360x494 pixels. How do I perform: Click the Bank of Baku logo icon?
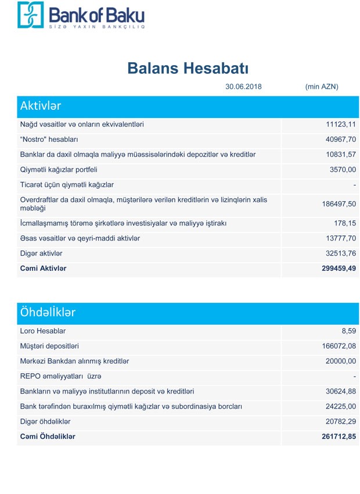click(x=30, y=15)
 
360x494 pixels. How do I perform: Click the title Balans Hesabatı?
click(x=188, y=68)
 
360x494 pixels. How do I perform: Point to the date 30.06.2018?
click(x=243, y=87)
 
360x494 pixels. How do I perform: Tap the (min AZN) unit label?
click(x=321, y=87)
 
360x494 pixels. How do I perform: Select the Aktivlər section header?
click(x=41, y=106)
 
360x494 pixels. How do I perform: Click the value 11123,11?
click(x=341, y=124)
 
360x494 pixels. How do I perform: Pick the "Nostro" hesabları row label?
click(x=49, y=139)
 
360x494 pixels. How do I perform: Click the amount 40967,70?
click(x=341, y=139)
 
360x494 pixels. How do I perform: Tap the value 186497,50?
click(x=339, y=204)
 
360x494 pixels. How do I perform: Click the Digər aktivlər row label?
click(x=41, y=253)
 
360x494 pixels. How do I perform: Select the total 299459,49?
click(x=339, y=269)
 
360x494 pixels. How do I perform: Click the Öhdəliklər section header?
click(x=48, y=312)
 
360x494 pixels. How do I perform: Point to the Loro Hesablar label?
click(x=43, y=331)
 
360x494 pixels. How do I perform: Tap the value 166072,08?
click(x=339, y=346)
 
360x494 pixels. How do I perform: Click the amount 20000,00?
click(x=341, y=361)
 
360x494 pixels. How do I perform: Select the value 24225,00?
click(x=341, y=406)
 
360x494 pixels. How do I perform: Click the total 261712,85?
click(x=339, y=436)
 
